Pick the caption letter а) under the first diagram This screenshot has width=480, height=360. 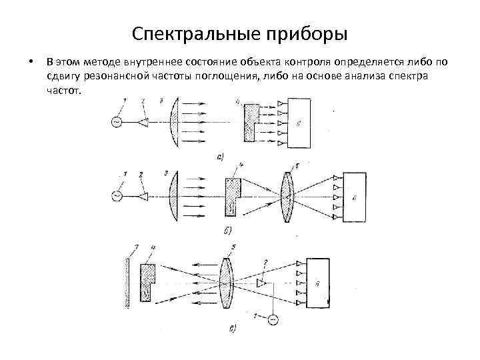click(x=221, y=157)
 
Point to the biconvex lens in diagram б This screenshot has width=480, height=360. click(x=287, y=195)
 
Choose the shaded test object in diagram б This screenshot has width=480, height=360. click(x=232, y=198)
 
